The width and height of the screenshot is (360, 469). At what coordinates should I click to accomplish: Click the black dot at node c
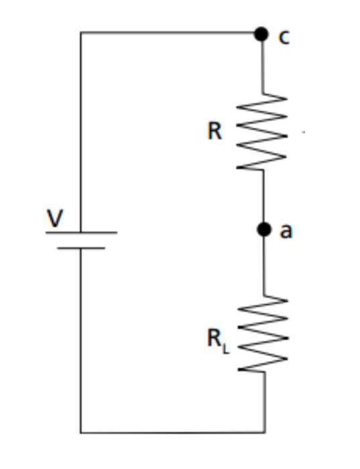point(261,33)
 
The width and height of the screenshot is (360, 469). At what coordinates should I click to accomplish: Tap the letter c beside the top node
point(284,37)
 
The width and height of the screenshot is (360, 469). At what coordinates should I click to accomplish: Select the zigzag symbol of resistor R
point(263,131)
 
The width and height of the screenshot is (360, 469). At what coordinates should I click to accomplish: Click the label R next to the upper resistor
point(214,131)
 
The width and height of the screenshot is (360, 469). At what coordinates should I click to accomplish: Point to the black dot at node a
point(264,230)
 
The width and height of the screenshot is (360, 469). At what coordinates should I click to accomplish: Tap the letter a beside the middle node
point(286,231)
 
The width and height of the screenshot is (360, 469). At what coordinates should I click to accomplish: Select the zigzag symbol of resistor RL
point(263,335)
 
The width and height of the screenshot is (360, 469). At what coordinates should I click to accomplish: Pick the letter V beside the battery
point(55,218)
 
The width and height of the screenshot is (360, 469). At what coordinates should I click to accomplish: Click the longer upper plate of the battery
point(81,232)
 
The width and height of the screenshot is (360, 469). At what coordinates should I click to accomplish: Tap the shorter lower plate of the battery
point(81,248)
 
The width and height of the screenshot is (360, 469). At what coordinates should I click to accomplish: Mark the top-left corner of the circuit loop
point(81,32)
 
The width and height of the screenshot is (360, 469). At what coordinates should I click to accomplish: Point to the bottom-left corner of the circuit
point(81,432)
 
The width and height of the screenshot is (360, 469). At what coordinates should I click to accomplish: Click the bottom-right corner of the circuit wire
point(264,432)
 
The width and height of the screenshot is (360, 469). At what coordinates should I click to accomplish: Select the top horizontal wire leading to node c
point(168,32)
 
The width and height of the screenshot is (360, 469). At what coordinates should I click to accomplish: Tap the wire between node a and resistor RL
point(263,265)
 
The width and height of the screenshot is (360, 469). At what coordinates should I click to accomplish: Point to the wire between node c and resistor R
point(262,67)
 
